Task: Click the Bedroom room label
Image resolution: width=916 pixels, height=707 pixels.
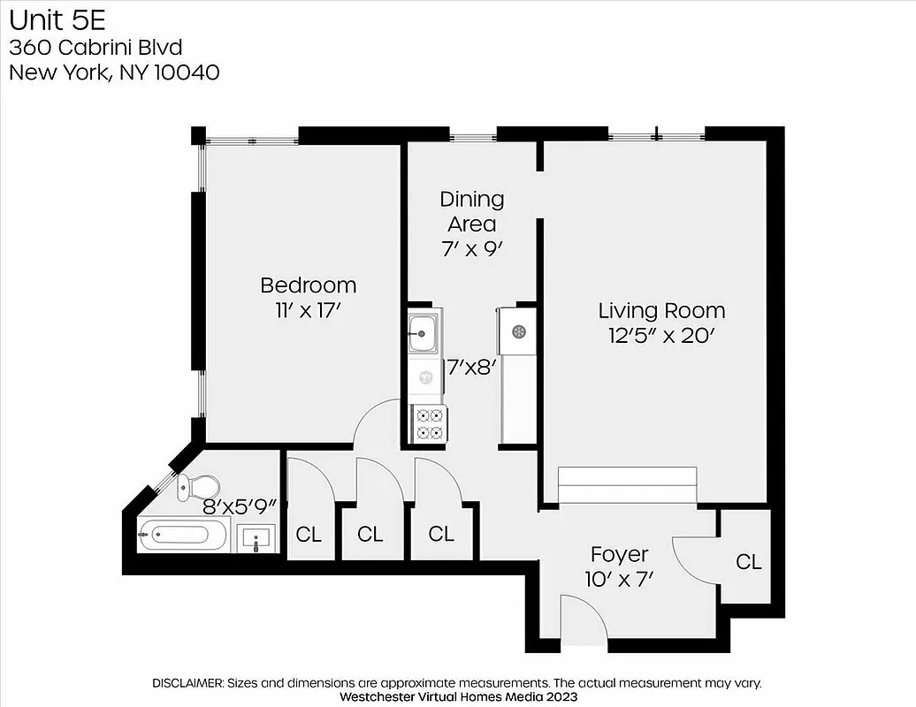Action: (308, 285)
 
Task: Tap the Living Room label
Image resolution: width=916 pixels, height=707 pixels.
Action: (661, 311)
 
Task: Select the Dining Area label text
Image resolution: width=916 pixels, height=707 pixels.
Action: (472, 211)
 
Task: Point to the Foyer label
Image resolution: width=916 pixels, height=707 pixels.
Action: (619, 555)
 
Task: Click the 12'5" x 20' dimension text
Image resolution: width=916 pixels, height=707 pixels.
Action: (661, 336)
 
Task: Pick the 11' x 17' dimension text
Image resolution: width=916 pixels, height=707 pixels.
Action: (308, 310)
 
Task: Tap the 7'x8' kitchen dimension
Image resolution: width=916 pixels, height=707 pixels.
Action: (469, 366)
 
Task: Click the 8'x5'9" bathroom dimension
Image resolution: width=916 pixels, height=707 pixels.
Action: (240, 507)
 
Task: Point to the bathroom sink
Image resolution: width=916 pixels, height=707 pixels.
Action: (256, 537)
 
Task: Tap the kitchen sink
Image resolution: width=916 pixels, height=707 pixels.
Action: (423, 333)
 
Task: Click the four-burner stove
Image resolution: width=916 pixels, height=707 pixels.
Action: (429, 423)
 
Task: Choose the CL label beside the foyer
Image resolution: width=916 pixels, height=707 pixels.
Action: (749, 562)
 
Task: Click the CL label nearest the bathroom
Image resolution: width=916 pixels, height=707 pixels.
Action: (309, 535)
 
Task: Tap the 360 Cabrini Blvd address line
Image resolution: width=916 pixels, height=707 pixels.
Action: (96, 48)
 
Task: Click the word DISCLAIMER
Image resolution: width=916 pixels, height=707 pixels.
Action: (188, 683)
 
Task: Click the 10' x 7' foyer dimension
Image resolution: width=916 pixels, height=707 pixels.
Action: (619, 580)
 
